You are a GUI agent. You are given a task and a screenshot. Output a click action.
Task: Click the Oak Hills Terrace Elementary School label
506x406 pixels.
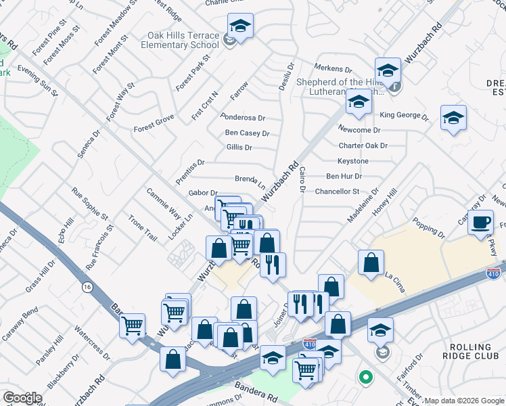pos(180,40)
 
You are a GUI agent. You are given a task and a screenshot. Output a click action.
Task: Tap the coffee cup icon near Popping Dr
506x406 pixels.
pos(482,223)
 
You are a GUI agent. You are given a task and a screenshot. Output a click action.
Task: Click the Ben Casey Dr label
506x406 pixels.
pos(247,133)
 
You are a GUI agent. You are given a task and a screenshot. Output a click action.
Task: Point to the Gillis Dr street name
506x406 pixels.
pos(239,148)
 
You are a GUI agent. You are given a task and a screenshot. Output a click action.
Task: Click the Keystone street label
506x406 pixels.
pos(353,161)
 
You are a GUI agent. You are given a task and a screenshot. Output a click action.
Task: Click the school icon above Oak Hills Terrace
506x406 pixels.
pos(240,26)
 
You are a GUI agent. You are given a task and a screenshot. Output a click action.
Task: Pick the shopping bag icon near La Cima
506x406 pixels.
pos(371,263)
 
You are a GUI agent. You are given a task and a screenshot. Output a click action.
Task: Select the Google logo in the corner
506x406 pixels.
pos(22,398)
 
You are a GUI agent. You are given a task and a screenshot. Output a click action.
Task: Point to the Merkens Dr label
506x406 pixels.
pos(333,69)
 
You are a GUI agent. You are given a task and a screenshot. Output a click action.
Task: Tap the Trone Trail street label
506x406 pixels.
pos(142,228)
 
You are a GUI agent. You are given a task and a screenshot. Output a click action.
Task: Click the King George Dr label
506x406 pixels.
pos(405,116)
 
